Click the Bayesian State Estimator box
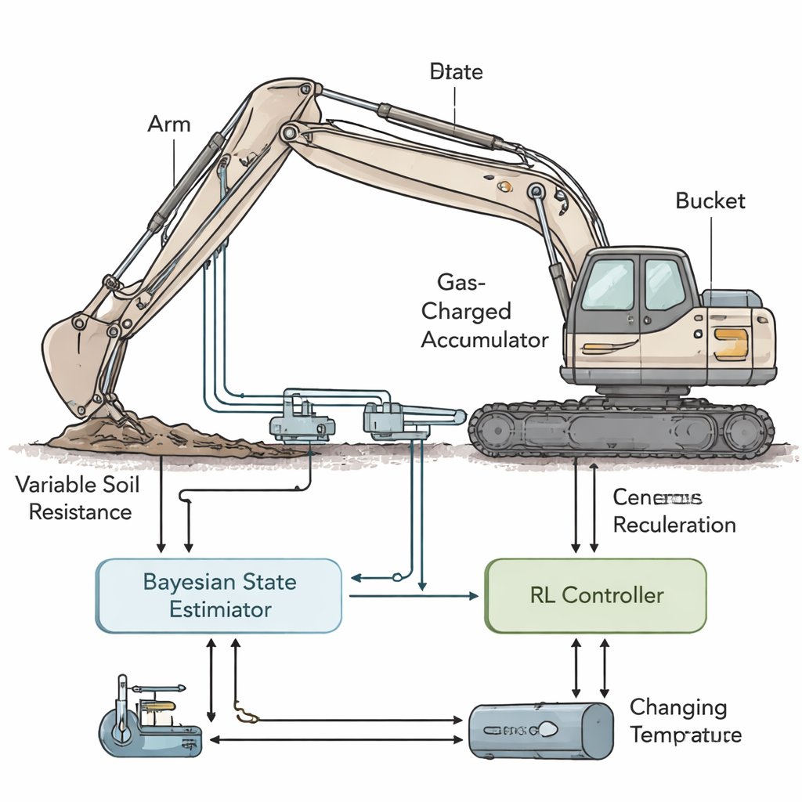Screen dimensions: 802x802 (219, 596)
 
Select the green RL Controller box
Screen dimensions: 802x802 (595, 595)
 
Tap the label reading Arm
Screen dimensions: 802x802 (168, 125)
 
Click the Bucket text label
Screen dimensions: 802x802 (710, 200)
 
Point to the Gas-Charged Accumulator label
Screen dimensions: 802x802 (484, 311)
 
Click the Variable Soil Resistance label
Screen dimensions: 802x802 (78, 498)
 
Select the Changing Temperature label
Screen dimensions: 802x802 (686, 721)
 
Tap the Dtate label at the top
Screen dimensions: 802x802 (457, 73)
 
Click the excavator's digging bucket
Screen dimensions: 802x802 (74, 360)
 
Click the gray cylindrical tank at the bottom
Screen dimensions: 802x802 (540, 730)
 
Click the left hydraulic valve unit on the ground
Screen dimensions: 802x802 (302, 419)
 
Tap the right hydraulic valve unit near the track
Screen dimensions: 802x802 (396, 419)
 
